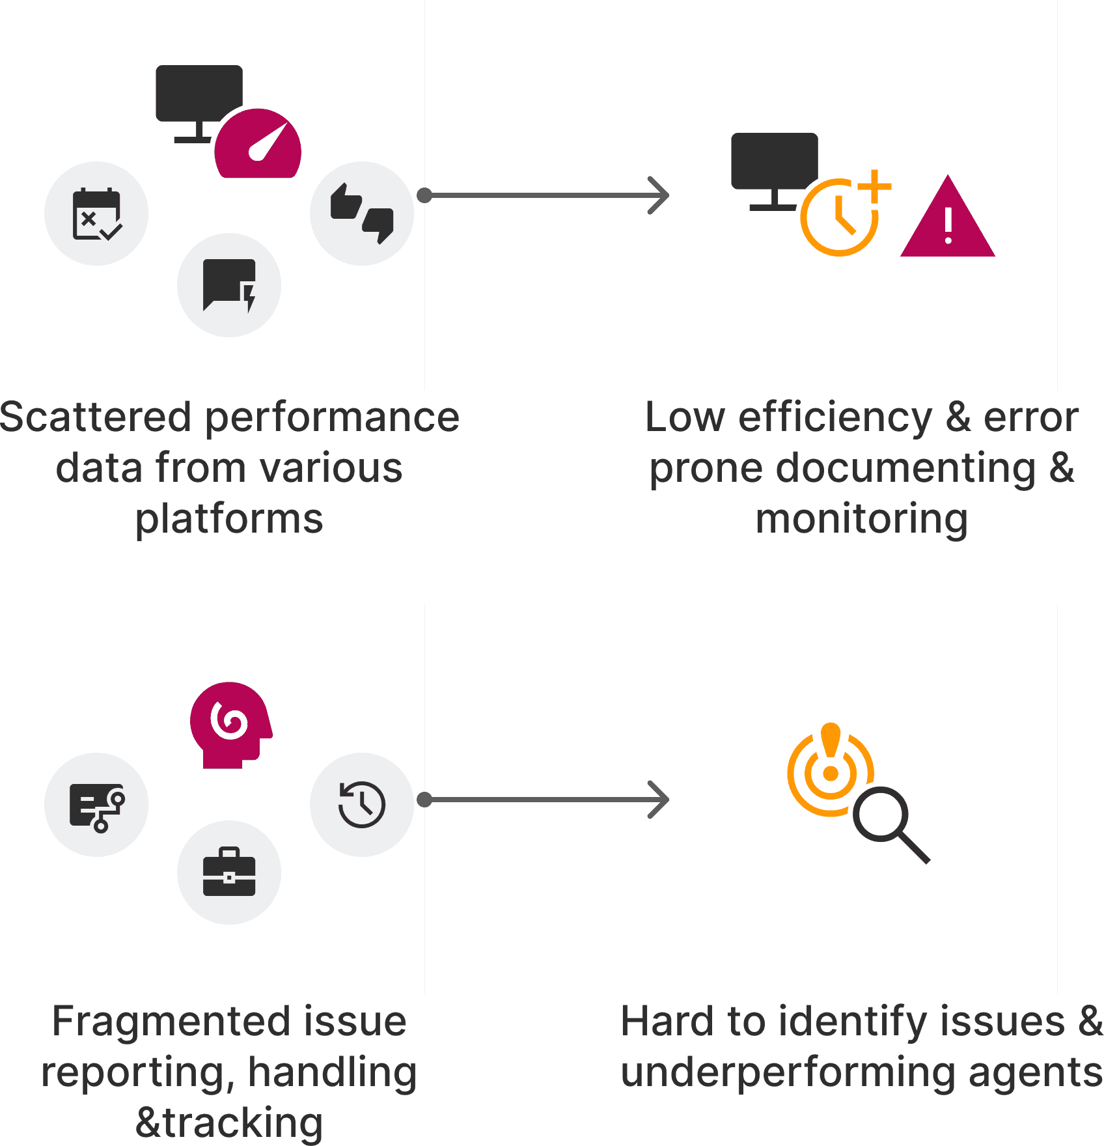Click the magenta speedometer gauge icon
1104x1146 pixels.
(258, 145)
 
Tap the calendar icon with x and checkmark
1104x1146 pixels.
(96, 214)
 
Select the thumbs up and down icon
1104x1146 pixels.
(362, 214)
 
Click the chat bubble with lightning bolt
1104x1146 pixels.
(229, 285)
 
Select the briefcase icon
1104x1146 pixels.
(229, 873)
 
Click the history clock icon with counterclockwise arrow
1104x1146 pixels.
(362, 805)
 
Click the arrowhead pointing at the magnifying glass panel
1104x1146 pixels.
(659, 800)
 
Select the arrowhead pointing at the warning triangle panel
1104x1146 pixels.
(659, 195)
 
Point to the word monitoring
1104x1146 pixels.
(862, 520)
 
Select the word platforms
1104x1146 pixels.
(229, 520)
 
